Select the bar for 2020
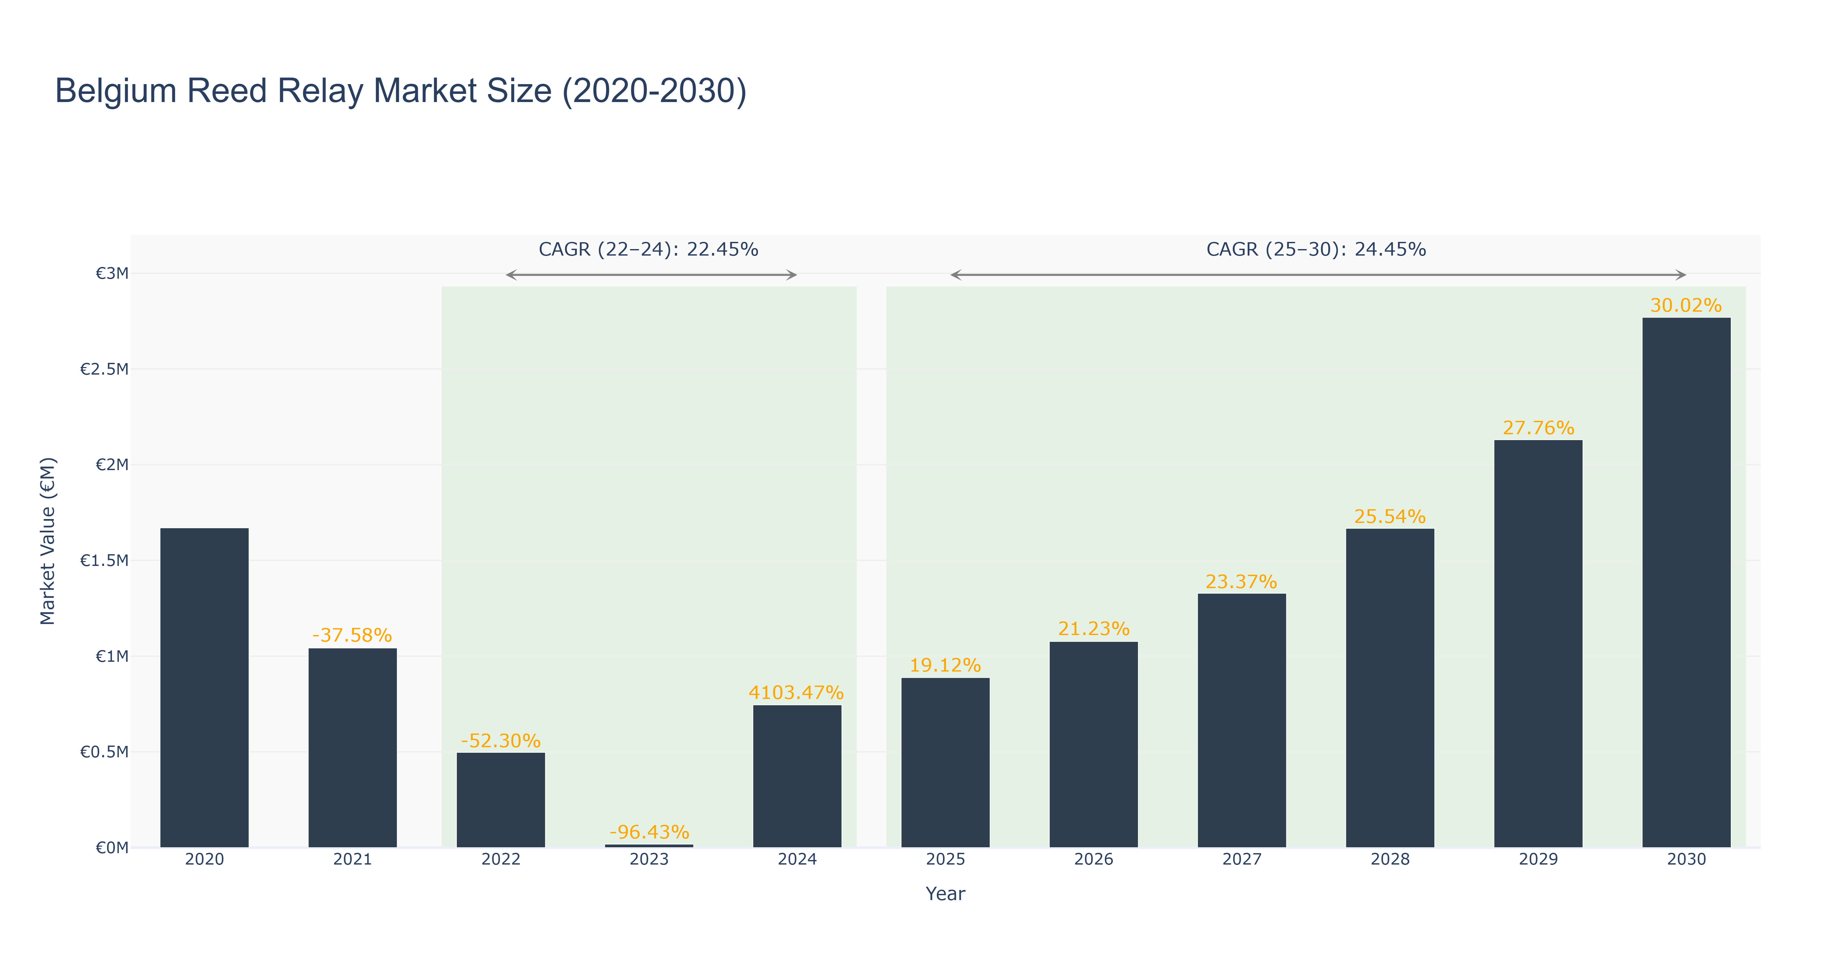204,688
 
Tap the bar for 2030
1686,583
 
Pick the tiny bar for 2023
649,845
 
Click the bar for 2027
1242,721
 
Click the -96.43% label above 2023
649,832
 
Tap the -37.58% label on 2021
352,635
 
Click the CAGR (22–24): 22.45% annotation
649,249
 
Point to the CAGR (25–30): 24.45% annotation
1316,249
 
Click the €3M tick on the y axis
112,274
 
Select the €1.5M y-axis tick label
104,561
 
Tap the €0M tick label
112,848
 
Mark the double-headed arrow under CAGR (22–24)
651,275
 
